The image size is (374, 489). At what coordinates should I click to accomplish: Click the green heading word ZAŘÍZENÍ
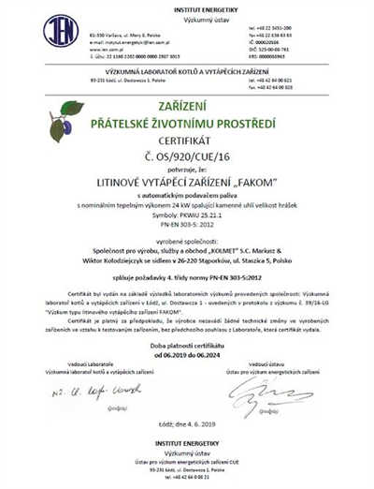click(x=187, y=111)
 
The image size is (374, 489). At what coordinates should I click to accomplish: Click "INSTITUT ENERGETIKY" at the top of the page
click(x=187, y=7)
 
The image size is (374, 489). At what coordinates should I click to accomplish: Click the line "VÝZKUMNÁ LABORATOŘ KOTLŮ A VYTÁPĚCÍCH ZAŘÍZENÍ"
click(x=187, y=72)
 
